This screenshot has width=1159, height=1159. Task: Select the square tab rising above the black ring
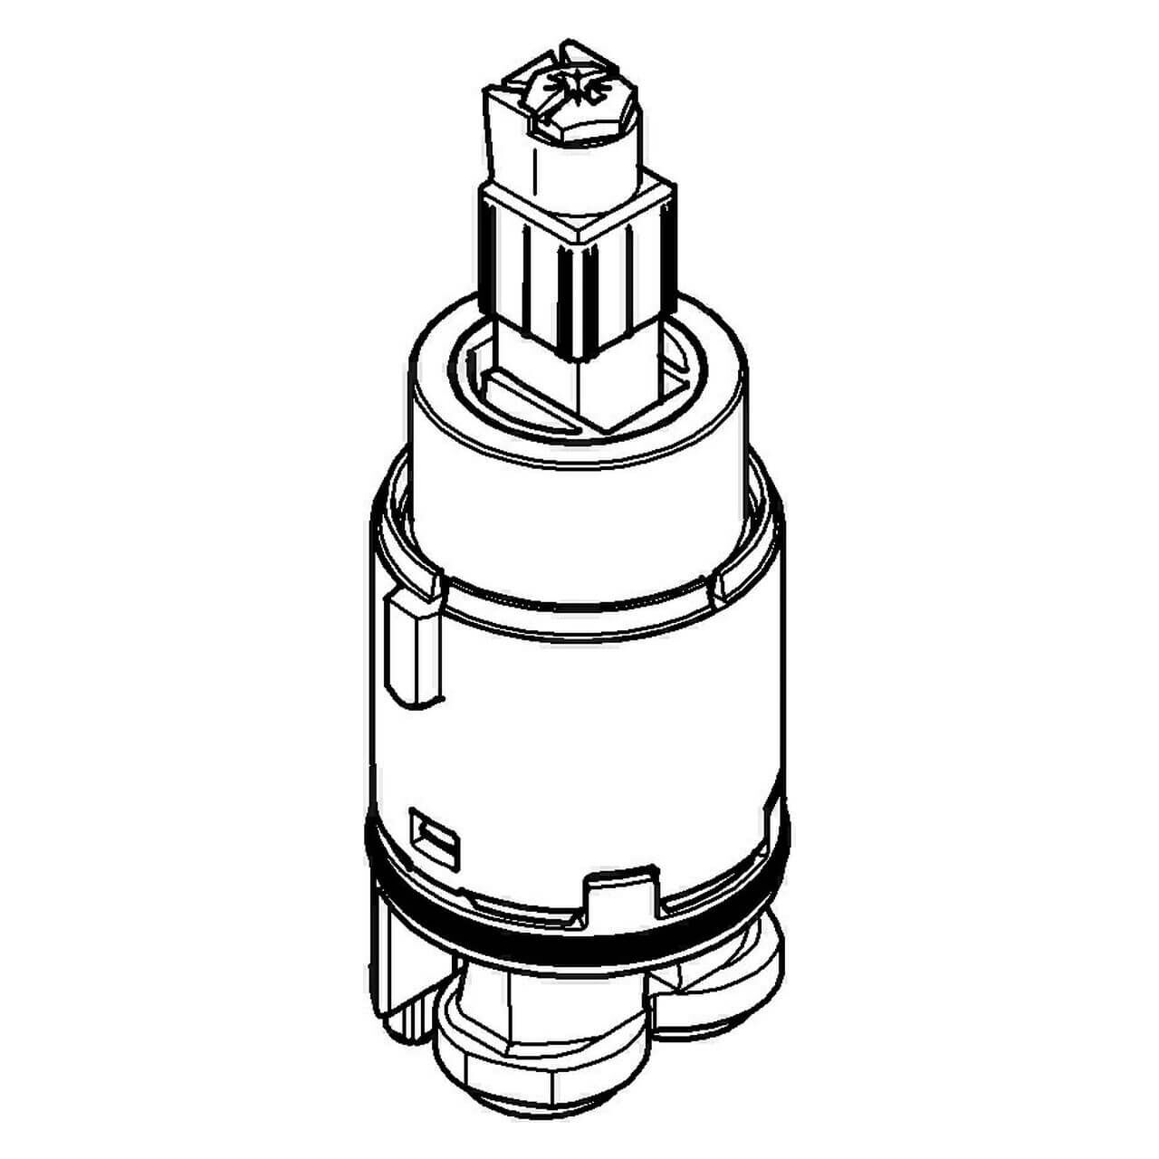click(625, 892)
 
